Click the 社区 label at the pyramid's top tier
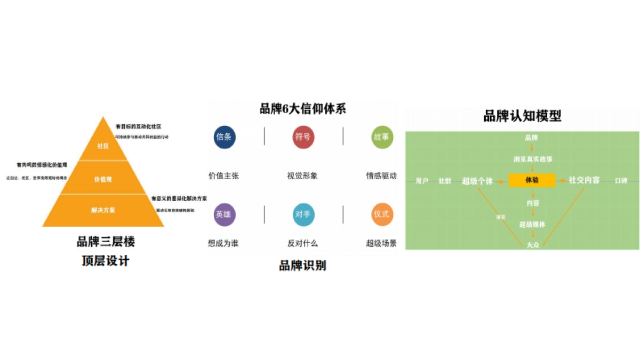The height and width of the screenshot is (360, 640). (103, 146)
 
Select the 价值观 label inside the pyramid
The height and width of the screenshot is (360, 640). (103, 179)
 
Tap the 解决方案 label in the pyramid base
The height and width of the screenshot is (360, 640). (103, 210)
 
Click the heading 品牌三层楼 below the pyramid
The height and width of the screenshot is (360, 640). (106, 242)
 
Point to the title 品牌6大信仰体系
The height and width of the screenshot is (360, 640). (302, 109)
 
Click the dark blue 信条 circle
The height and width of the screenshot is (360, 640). (224, 137)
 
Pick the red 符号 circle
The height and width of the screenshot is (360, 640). (303, 137)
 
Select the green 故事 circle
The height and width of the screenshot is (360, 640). (381, 137)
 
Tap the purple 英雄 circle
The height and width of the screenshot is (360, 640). (224, 214)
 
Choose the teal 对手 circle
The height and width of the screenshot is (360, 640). (303, 214)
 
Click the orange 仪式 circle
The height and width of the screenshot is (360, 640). (381, 214)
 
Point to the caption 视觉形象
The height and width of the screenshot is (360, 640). (302, 175)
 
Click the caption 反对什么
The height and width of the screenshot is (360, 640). (302, 243)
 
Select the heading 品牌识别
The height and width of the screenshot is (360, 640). (302, 265)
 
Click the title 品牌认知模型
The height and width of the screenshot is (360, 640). (522, 116)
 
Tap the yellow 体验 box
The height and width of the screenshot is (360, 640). (532, 180)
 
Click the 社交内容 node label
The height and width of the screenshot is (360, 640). (584, 180)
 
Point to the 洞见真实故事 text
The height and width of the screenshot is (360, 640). (532, 159)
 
